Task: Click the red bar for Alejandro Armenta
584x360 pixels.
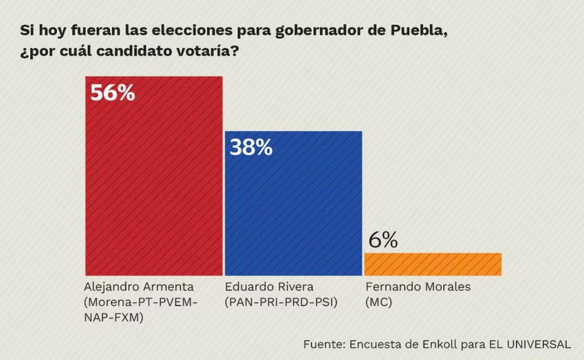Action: point(154,184)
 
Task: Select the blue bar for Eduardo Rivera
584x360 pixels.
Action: point(293,211)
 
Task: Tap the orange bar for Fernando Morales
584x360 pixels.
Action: point(433,264)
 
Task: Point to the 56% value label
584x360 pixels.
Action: point(112,94)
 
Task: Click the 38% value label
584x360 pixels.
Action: point(251,148)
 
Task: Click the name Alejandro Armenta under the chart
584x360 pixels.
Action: point(139,286)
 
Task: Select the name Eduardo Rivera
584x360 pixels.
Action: point(269,286)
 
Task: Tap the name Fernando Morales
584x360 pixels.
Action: point(418,286)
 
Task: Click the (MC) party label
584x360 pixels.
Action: point(379,303)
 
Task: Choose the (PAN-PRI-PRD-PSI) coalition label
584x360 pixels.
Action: point(281,303)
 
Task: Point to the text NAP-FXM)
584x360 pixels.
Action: point(114,318)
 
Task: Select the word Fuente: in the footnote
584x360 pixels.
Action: point(324,344)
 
